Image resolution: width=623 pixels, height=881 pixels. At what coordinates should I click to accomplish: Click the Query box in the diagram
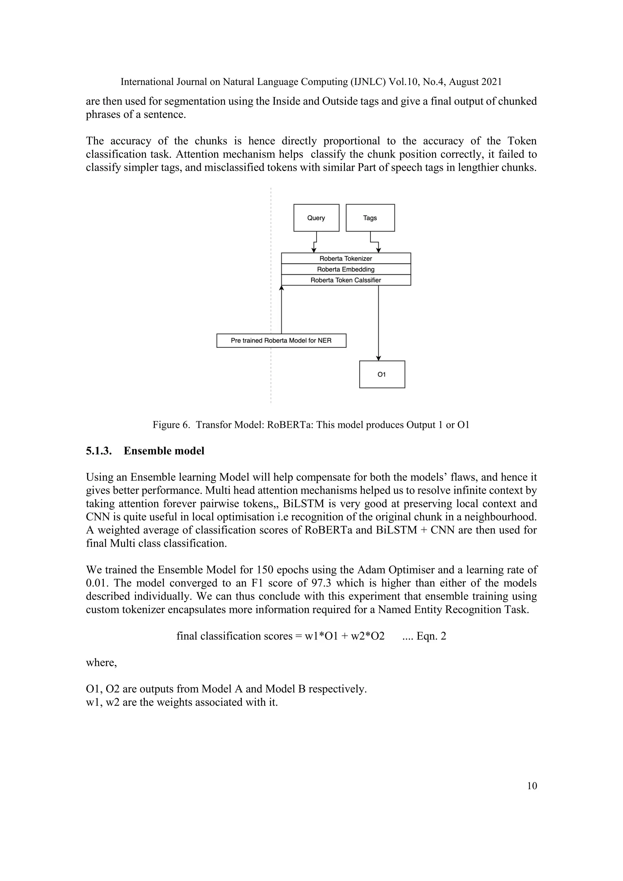[316, 218]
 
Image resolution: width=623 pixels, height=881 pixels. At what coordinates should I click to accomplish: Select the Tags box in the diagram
[370, 218]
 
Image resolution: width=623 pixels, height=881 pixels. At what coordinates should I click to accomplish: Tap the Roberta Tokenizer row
[346, 258]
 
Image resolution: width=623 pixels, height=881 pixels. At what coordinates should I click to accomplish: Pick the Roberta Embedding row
[346, 269]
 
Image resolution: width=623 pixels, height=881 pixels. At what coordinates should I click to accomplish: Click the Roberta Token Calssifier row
[346, 280]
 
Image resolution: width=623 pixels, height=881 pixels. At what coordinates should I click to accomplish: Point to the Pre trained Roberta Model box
[281, 340]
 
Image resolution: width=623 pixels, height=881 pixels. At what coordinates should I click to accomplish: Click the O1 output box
[382, 374]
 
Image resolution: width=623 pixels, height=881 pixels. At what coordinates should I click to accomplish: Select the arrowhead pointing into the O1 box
[379, 358]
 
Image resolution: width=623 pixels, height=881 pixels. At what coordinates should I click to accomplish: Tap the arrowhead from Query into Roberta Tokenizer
[314, 250]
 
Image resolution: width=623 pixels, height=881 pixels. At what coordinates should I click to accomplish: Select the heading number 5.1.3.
[99, 451]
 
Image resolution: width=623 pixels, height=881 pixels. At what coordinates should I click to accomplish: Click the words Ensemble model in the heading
[164, 451]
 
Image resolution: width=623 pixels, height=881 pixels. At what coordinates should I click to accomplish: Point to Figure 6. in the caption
[171, 425]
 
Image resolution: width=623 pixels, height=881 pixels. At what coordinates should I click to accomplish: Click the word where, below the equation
[101, 662]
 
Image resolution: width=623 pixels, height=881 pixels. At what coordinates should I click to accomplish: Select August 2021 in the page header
[475, 82]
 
